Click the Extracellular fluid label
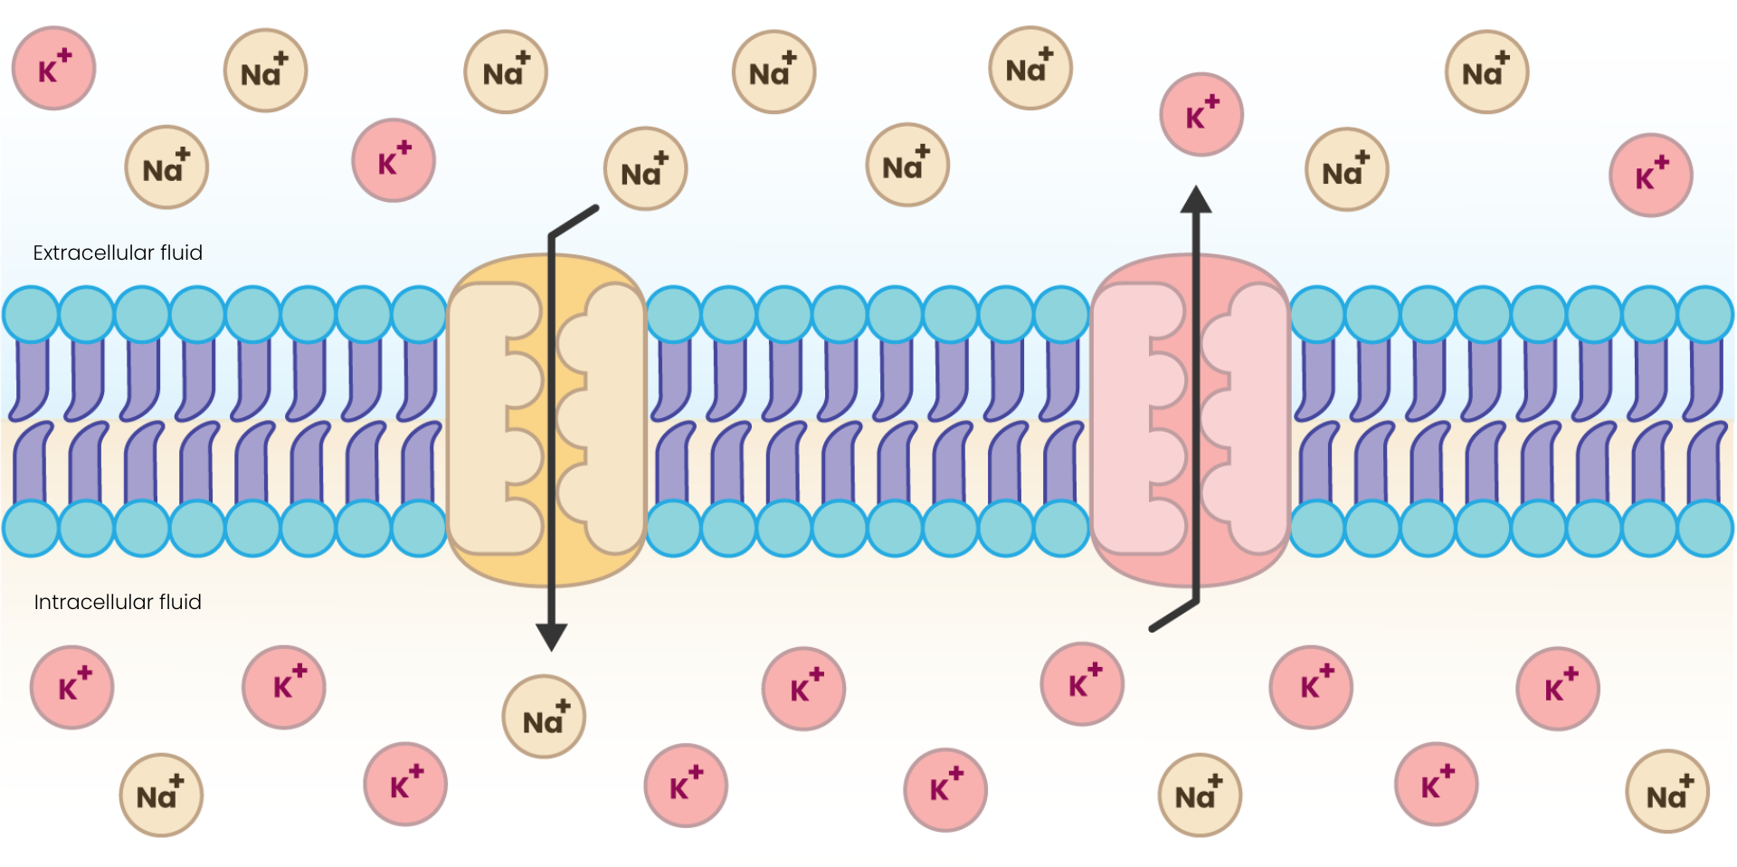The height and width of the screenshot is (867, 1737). click(x=118, y=252)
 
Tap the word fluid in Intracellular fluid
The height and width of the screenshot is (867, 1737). click(x=180, y=602)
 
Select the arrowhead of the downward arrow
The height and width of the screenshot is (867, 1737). click(x=551, y=636)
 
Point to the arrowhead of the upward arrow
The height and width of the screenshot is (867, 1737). click(x=1196, y=200)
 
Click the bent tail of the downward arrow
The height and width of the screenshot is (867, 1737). click(x=574, y=221)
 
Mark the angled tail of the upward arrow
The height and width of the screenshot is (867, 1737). click(x=1173, y=615)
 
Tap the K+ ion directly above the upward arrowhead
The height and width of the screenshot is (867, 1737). click(x=1201, y=115)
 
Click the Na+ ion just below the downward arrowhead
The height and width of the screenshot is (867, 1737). click(x=544, y=717)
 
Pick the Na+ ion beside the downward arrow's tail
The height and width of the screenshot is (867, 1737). click(x=645, y=169)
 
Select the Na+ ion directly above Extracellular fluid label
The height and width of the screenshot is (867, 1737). click(x=166, y=167)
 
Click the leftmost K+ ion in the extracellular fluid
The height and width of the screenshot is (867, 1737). click(x=53, y=69)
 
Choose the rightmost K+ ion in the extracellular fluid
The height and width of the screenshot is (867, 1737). click(x=1650, y=176)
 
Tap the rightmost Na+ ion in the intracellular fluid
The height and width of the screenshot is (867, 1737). click(x=1666, y=792)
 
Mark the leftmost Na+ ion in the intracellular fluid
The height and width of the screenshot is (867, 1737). click(x=161, y=795)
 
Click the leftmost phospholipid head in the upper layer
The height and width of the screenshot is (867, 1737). click(x=31, y=314)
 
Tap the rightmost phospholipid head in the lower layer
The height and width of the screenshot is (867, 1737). click(x=1704, y=529)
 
